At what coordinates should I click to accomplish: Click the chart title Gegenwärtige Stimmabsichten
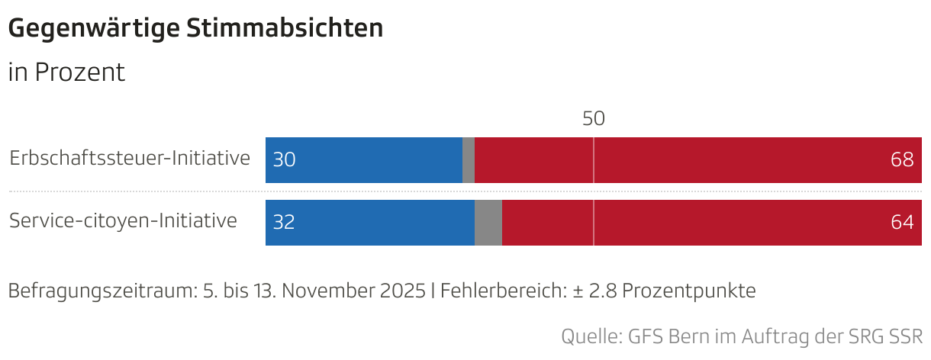[195, 29]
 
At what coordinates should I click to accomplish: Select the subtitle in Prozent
[66, 73]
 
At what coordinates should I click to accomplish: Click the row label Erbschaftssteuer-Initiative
[130, 159]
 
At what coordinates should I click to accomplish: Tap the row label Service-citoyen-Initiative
[123, 221]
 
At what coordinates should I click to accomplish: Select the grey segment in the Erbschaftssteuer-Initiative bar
[469, 160]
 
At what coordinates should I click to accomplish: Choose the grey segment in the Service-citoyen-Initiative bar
[488, 223]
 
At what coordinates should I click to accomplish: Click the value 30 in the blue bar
[284, 160]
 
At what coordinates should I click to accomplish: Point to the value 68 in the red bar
[902, 160]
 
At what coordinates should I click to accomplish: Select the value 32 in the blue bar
[284, 223]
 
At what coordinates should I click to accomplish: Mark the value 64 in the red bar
[902, 223]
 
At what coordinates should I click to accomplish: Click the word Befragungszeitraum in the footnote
[100, 291]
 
